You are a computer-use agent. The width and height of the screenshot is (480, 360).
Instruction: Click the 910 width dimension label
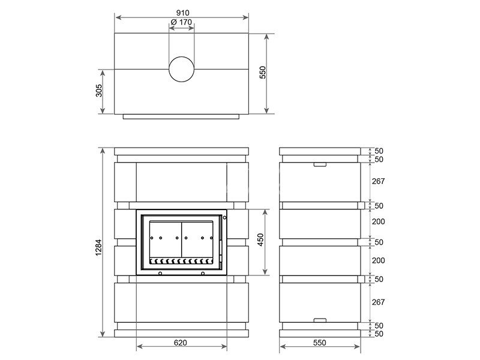(182, 13)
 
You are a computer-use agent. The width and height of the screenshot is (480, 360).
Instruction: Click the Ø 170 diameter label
(182, 22)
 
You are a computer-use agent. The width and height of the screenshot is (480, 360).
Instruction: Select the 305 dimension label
(99, 91)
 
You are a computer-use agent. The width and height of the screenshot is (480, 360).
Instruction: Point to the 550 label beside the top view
(263, 72)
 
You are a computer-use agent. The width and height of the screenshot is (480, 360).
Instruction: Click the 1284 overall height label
(98, 247)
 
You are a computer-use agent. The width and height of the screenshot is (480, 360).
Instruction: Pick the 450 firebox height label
(260, 239)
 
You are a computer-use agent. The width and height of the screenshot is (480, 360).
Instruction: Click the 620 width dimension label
(181, 343)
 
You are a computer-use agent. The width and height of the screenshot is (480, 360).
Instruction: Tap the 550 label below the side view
(320, 343)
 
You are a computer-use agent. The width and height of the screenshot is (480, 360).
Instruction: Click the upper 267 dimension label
(379, 181)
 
